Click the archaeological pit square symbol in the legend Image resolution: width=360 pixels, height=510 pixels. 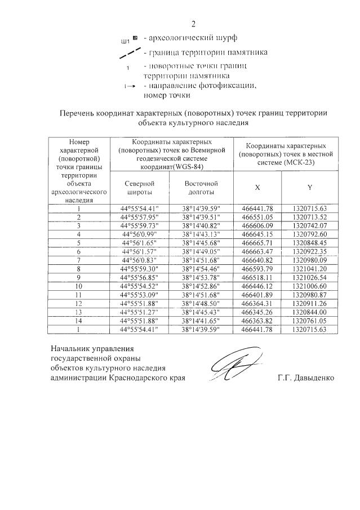(x=135, y=39)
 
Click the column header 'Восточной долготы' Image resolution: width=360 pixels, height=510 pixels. (x=201, y=188)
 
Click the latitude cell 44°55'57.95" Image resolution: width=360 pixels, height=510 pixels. (x=137, y=216)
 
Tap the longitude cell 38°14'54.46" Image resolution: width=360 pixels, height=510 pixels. (x=202, y=269)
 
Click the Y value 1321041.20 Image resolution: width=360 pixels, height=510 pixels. (x=310, y=269)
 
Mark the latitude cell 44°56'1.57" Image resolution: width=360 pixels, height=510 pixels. (x=137, y=252)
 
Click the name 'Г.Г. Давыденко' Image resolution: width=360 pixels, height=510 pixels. (x=306, y=378)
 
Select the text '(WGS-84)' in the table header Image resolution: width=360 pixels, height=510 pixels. (x=189, y=167)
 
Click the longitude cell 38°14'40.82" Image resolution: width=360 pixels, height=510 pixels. (x=202, y=225)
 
